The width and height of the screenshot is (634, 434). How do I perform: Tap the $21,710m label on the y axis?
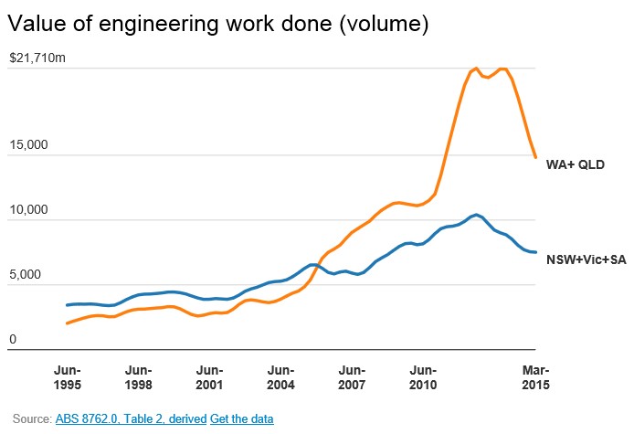(x=37, y=58)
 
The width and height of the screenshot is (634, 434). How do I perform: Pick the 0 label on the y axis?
(x=13, y=340)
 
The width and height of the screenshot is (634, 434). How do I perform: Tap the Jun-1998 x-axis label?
(x=138, y=377)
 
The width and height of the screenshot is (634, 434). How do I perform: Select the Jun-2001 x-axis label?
(x=209, y=377)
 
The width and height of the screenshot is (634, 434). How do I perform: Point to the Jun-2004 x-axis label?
(x=280, y=377)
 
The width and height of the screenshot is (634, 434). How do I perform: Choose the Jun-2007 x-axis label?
(x=352, y=377)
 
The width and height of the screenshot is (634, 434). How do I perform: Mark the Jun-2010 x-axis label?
(x=423, y=377)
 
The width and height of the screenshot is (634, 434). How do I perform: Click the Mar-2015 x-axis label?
(x=535, y=377)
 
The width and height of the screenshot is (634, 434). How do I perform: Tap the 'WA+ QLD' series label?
(x=576, y=165)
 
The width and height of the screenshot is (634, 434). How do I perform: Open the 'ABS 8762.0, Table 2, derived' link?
(x=131, y=418)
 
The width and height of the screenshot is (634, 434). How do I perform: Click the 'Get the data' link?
(x=242, y=418)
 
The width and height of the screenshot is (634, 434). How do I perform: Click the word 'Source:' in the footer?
(x=32, y=418)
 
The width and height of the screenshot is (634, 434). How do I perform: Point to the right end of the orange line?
(x=535, y=157)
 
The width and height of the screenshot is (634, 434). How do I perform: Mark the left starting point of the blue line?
(x=67, y=305)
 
